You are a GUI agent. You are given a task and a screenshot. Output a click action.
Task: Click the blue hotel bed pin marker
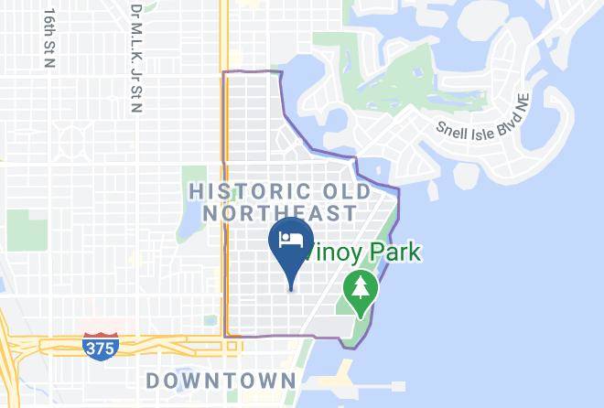[x=291, y=245]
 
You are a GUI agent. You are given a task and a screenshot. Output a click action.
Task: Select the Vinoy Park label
[x=364, y=251]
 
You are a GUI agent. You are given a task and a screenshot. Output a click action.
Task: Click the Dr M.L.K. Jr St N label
[x=135, y=57]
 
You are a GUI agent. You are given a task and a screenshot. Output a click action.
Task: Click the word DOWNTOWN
[x=221, y=380]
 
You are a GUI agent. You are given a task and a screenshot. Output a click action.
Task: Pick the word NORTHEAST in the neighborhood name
[x=279, y=213]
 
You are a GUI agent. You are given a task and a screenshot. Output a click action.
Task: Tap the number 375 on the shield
[x=98, y=349]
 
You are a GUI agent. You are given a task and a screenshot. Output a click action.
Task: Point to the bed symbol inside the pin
[x=291, y=240]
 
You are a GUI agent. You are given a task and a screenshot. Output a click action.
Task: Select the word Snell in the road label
[x=451, y=129]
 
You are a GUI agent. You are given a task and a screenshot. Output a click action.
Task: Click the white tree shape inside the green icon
[x=361, y=288]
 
